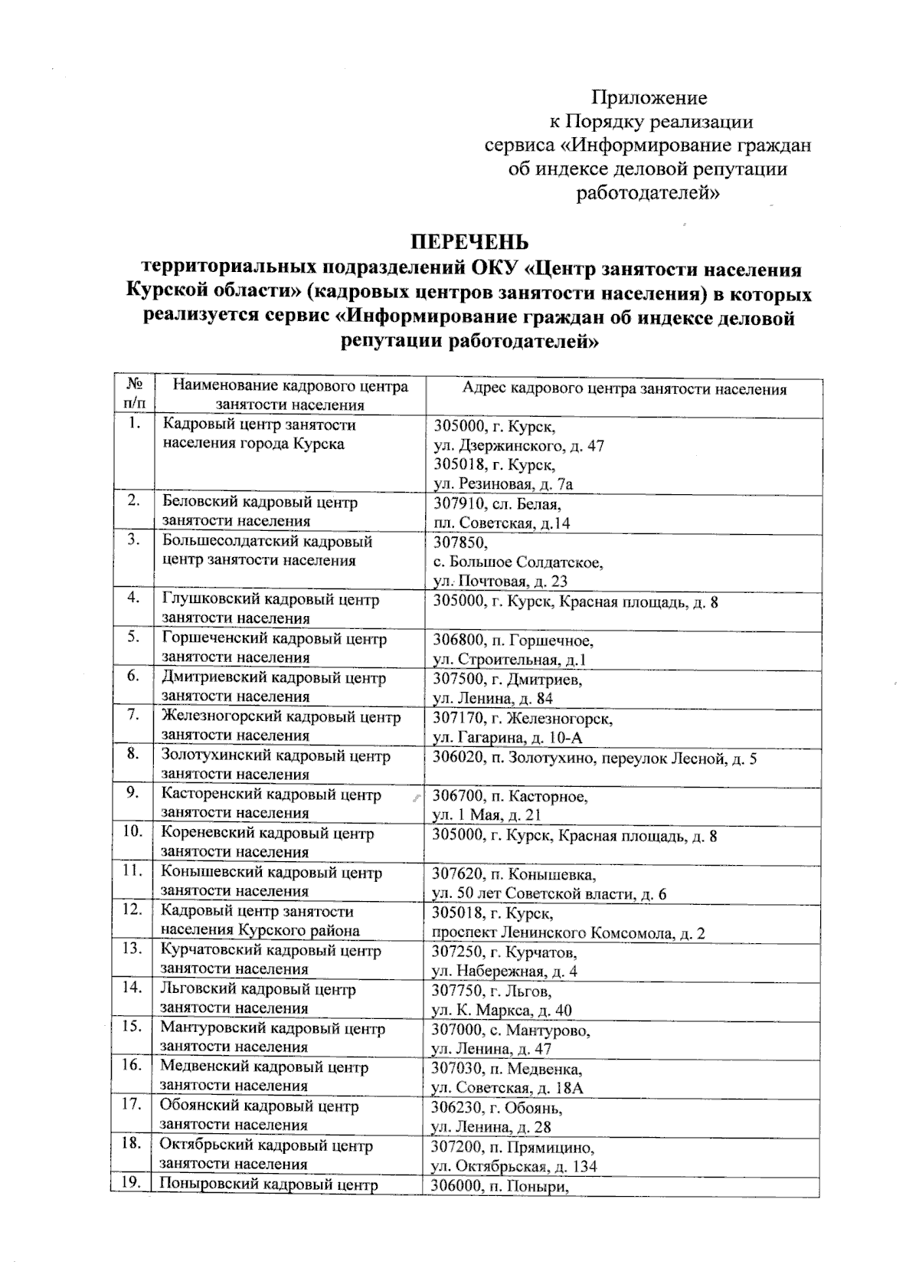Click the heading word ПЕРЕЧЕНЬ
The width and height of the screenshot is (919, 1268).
(x=470, y=243)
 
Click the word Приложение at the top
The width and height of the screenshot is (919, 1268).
(x=649, y=98)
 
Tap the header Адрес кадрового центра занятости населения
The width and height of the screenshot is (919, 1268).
(x=624, y=389)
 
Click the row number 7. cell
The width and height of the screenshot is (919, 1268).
(x=133, y=715)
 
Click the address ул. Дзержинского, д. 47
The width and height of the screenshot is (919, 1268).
(x=519, y=445)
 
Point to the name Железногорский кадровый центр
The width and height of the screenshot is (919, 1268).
(x=281, y=718)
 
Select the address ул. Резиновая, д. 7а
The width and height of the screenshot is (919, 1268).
(x=503, y=484)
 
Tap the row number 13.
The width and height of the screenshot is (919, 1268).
(x=133, y=949)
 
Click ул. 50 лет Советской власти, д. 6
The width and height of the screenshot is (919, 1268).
(x=549, y=894)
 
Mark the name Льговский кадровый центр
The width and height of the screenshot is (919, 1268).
(x=258, y=990)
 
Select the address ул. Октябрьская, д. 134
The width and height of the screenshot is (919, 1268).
(x=515, y=1167)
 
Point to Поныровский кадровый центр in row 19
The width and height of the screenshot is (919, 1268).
(x=268, y=1185)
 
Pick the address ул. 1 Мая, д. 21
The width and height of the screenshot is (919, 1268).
(x=487, y=815)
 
